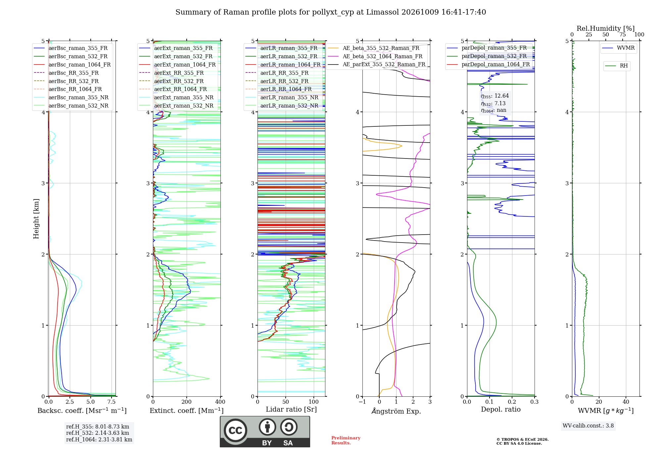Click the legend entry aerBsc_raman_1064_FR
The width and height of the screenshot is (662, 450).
pos(72,65)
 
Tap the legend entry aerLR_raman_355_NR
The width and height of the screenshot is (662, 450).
pos(282,98)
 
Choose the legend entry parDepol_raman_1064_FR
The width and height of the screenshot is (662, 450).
pos(488,65)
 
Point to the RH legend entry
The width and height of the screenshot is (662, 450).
pos(617,66)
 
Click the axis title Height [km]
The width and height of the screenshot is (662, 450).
pos(36,219)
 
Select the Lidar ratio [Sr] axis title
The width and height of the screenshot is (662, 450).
pos(291,409)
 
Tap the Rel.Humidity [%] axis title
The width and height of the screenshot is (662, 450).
pos(606,28)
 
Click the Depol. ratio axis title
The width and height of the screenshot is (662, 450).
pos(501,409)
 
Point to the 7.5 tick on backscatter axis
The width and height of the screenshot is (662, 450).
pos(112,402)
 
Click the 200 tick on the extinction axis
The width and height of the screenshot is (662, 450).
pos(187,402)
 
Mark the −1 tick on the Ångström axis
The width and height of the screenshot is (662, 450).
pos(362,402)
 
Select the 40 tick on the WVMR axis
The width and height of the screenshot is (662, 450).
pos(626,402)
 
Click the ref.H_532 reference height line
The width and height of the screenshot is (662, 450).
pos(98,433)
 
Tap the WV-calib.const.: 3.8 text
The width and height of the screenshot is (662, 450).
pos(588,426)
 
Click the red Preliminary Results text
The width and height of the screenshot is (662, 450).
pos(346,440)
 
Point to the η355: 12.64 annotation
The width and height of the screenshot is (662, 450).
pos(495,96)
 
